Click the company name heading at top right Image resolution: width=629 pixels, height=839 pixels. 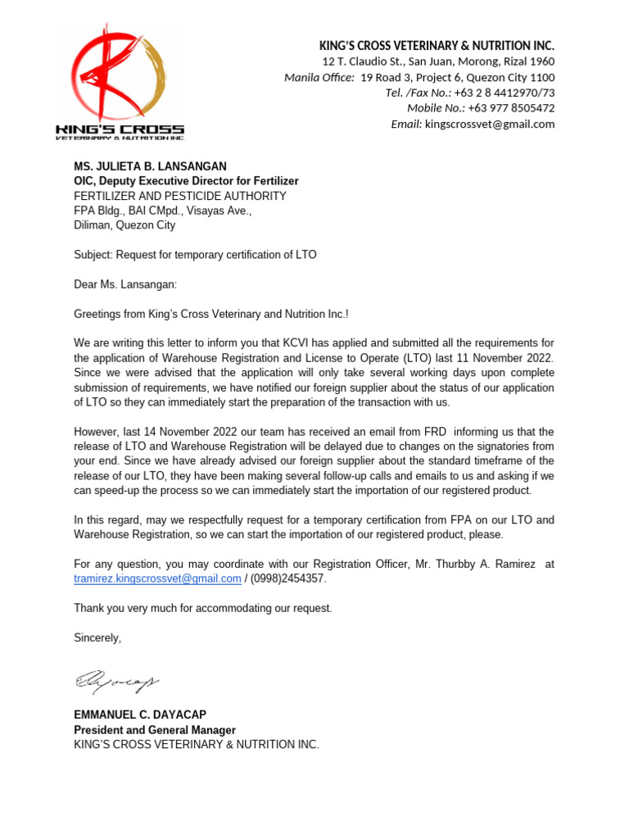[437, 45]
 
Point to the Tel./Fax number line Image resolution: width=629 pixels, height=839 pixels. [469, 93]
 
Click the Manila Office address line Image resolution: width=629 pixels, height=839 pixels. [419, 77]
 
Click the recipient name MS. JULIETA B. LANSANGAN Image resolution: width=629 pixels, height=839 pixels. [150, 166]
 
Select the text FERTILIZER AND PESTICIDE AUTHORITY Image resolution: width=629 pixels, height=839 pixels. [180, 196]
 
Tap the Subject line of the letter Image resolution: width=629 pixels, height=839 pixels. [195, 255]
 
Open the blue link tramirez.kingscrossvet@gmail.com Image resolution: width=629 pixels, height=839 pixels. [157, 578]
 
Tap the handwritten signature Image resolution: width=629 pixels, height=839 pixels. [117, 680]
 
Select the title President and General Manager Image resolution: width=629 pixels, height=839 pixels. [155, 730]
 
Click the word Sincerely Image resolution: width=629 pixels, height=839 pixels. [97, 637]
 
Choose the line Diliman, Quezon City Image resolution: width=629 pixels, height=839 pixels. [124, 225]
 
